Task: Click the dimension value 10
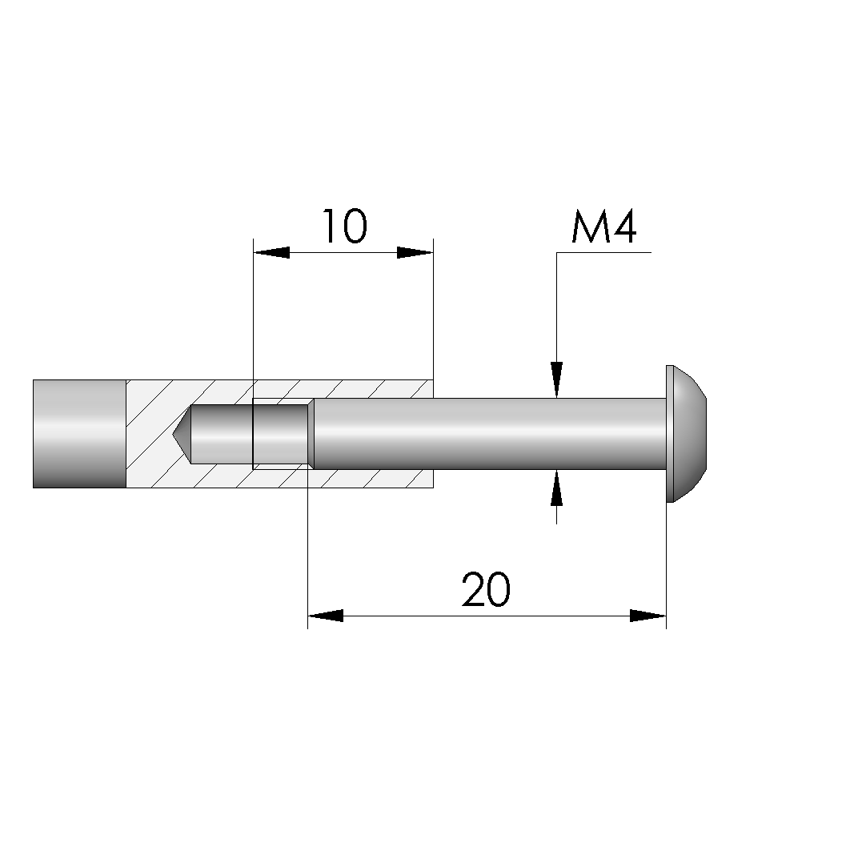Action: click(344, 226)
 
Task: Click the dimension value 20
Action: click(486, 589)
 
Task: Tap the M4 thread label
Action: click(604, 226)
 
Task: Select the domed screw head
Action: click(686, 434)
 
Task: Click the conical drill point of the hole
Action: click(182, 434)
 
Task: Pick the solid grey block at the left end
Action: click(79, 434)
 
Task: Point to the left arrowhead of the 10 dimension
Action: click(271, 253)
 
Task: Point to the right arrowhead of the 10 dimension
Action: click(415, 253)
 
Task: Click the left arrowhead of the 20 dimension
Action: click(326, 616)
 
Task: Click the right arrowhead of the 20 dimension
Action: click(648, 616)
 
